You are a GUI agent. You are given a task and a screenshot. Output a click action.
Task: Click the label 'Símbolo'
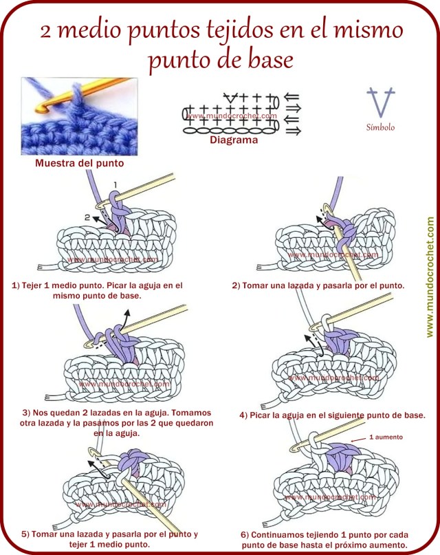coord(380,127)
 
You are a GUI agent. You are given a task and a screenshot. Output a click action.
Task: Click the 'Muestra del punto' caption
coord(80,164)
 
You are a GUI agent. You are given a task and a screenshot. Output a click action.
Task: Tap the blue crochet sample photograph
coord(79,117)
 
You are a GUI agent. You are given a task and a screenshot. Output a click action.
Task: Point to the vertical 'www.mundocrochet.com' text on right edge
coord(430,277)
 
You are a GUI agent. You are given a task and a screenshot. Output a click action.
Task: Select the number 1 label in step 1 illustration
coord(115,184)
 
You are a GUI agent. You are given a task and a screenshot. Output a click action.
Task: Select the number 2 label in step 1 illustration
coord(87,217)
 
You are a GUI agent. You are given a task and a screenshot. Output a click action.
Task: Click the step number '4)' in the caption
coord(243,415)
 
